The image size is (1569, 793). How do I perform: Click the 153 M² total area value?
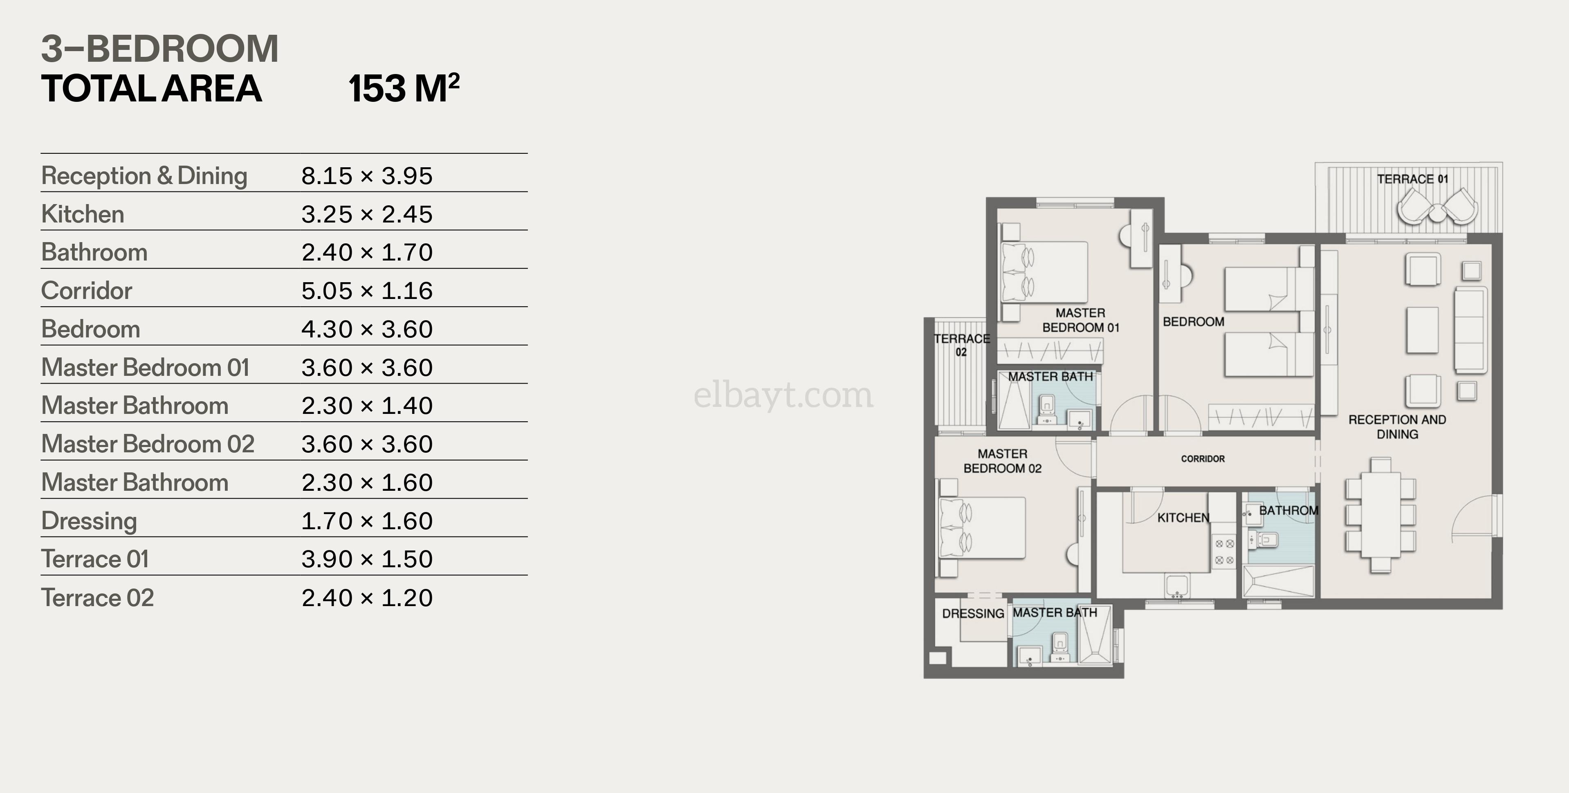pyautogui.click(x=404, y=88)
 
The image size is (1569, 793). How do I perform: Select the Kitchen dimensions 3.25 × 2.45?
pyautogui.click(x=367, y=214)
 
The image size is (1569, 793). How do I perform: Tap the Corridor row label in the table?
pyautogui.click(x=87, y=290)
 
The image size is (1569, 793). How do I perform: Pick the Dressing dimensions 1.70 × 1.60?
pyautogui.click(x=367, y=521)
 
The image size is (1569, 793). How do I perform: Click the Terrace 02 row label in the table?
pyautogui.click(x=97, y=598)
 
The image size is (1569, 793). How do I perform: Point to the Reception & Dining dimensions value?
pyautogui.click(x=367, y=176)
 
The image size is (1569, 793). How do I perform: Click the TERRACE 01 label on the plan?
pyautogui.click(x=1412, y=179)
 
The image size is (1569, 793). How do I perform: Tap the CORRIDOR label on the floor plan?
pyautogui.click(x=1202, y=458)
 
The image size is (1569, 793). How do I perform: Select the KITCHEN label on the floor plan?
pyautogui.click(x=1183, y=518)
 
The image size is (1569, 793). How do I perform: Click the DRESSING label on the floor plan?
pyautogui.click(x=973, y=613)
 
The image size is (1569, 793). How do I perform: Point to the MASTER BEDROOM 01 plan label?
pyautogui.click(x=1080, y=320)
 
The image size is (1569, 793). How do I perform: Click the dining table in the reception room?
pyautogui.click(x=1381, y=515)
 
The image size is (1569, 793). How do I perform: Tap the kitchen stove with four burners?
pyautogui.click(x=1224, y=552)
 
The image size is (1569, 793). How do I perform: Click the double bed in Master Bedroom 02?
pyautogui.click(x=982, y=528)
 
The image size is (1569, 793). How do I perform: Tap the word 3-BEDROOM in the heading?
pyautogui.click(x=159, y=49)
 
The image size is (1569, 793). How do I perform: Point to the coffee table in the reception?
pyautogui.click(x=1422, y=330)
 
